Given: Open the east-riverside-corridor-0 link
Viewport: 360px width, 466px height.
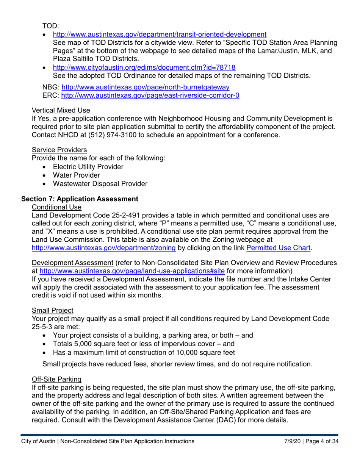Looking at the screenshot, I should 150,95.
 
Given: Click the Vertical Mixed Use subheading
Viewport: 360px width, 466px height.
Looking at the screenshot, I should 61,111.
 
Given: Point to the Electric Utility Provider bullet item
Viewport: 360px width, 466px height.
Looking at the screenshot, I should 88,167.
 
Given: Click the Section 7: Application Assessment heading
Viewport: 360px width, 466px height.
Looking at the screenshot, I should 80,199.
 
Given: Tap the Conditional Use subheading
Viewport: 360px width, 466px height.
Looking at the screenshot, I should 57,207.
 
